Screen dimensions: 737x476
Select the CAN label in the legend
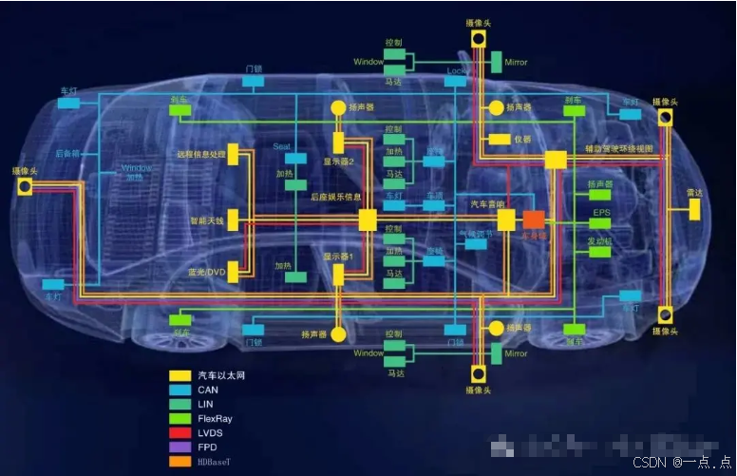(208, 390)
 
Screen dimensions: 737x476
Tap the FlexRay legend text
(216, 418)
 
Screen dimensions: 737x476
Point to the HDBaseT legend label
(217, 461)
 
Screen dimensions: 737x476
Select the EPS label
(601, 212)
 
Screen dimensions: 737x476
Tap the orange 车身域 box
(534, 219)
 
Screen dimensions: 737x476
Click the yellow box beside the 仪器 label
(500, 139)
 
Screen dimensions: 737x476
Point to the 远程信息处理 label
(200, 154)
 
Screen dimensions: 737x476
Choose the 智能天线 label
(206, 220)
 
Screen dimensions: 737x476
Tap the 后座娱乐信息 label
(336, 197)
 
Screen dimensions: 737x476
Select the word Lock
(456, 70)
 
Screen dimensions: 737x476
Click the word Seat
(281, 146)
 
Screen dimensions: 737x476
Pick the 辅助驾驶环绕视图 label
(618, 149)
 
